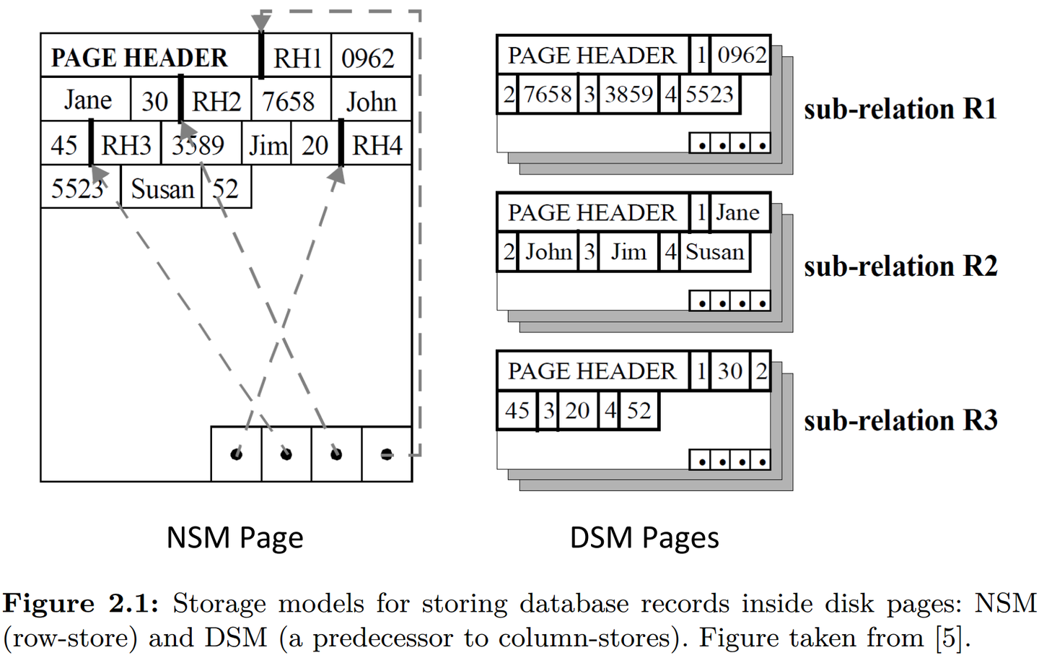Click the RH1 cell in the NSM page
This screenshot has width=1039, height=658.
tap(297, 58)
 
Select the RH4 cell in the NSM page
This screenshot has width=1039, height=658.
tap(376, 145)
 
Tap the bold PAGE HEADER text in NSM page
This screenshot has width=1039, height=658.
tap(139, 58)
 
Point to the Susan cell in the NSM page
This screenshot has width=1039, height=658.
tap(162, 189)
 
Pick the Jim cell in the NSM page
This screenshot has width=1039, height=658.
tap(268, 146)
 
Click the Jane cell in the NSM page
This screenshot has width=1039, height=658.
tap(87, 100)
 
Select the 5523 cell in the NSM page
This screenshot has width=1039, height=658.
tap(77, 189)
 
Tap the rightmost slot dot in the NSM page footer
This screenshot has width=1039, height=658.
tap(387, 454)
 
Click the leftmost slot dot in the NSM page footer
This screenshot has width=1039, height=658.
tap(236, 454)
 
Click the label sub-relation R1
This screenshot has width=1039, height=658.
tap(900, 109)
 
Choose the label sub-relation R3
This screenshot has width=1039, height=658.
tap(900, 420)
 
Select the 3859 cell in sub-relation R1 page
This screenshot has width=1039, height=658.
tap(628, 95)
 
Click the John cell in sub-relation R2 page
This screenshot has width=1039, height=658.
tap(548, 252)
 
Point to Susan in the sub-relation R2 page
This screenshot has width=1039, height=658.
tap(714, 252)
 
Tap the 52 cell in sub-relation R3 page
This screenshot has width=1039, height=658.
tap(639, 411)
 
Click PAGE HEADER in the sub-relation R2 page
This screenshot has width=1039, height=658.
tap(592, 213)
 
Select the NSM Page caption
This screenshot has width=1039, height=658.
tap(234, 538)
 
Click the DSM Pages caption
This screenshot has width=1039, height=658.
tap(644, 538)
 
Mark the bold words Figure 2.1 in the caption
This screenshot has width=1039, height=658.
tap(80, 603)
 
